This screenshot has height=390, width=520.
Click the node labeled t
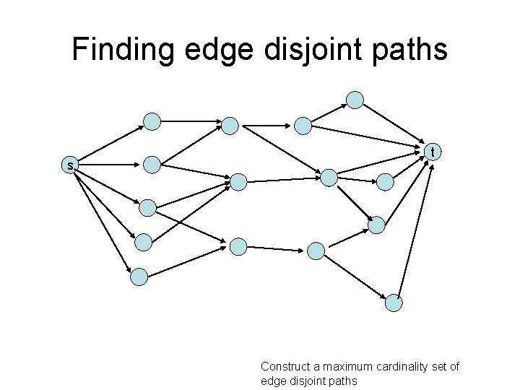[432, 152]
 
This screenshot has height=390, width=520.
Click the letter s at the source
[69, 166]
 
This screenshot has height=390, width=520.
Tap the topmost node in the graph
[355, 100]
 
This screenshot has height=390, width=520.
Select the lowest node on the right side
[393, 303]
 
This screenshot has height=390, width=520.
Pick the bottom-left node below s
[139, 275]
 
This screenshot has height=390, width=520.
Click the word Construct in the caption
[284, 367]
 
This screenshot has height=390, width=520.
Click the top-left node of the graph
[152, 121]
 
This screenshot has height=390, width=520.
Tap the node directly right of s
[152, 165]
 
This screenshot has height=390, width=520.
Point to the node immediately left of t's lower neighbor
[329, 178]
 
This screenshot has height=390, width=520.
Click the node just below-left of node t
[386, 181]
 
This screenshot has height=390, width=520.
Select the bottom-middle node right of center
[316, 251]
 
